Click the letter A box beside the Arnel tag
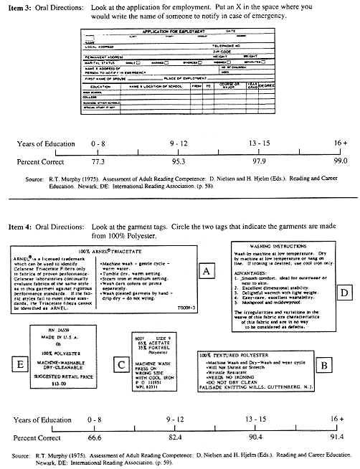coord(207,271)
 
